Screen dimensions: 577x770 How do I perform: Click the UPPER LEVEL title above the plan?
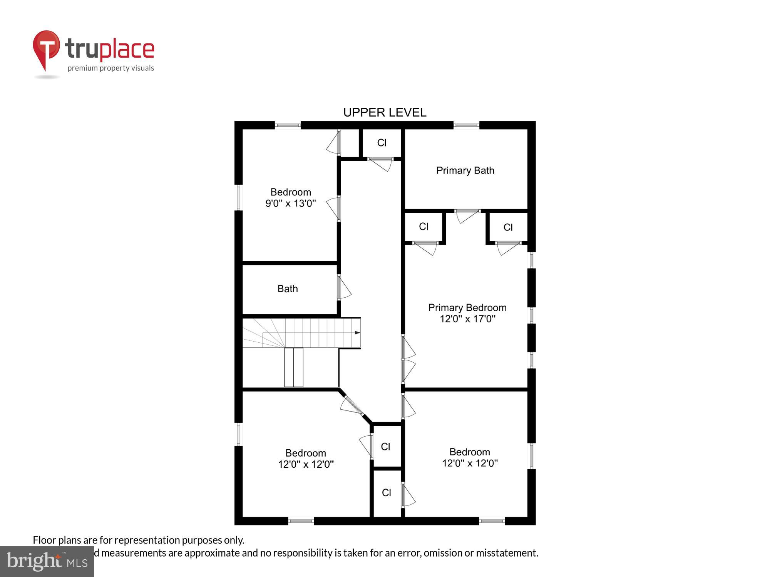tap(385, 112)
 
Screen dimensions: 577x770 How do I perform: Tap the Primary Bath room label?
tap(465, 170)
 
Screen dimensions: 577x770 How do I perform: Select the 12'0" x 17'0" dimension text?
tap(467, 319)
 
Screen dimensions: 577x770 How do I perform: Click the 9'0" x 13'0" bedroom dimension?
tap(290, 203)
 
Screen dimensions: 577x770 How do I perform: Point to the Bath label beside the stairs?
tap(288, 288)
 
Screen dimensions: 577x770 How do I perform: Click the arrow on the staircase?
tap(357, 332)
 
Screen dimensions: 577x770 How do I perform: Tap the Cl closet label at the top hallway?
tap(382, 143)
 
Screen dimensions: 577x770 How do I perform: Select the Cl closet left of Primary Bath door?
tap(423, 227)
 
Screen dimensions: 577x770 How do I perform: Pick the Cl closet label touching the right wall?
tap(508, 227)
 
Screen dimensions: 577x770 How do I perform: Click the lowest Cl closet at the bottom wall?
tap(386, 493)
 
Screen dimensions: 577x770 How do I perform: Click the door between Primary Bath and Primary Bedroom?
tap(467, 215)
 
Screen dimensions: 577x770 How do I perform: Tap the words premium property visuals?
tap(110, 68)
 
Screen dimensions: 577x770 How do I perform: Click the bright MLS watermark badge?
tap(47, 562)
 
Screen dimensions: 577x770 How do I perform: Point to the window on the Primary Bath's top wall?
tap(466, 125)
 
